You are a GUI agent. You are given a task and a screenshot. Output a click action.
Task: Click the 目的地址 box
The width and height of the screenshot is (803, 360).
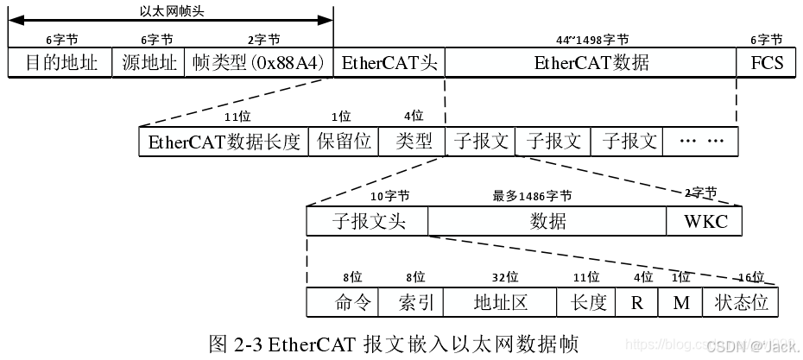point(60,63)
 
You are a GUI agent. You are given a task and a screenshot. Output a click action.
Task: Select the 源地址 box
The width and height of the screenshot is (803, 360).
point(148,63)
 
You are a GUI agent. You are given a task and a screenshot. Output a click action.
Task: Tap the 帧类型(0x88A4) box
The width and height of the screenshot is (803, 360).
point(257,63)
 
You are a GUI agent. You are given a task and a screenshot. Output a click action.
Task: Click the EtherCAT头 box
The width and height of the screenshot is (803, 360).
point(388,63)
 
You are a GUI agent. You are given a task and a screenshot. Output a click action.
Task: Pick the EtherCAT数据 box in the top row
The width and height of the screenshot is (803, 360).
point(591,63)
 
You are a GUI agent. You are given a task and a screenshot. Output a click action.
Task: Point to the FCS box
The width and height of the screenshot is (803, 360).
point(766,63)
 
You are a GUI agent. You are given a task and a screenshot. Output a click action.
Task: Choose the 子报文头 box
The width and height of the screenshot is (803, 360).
point(368,221)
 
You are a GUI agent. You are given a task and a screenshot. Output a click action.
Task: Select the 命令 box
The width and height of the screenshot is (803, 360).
point(352,302)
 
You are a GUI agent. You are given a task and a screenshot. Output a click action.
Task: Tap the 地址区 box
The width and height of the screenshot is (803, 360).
point(501,302)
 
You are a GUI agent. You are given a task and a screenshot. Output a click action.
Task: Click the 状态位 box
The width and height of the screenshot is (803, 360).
point(741,302)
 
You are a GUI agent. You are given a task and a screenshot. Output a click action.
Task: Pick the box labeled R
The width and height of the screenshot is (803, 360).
point(637,302)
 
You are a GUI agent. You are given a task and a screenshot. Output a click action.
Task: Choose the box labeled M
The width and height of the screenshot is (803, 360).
point(680,302)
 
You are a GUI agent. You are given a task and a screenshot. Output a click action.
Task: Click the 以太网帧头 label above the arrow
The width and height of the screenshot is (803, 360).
point(171,12)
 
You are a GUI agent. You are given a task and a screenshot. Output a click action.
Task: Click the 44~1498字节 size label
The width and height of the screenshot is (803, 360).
point(591,40)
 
